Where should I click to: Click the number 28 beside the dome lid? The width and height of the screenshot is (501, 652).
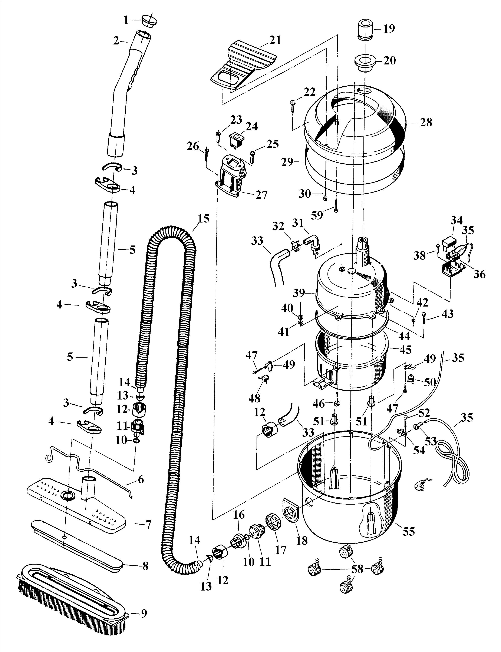[x=426, y=122]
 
